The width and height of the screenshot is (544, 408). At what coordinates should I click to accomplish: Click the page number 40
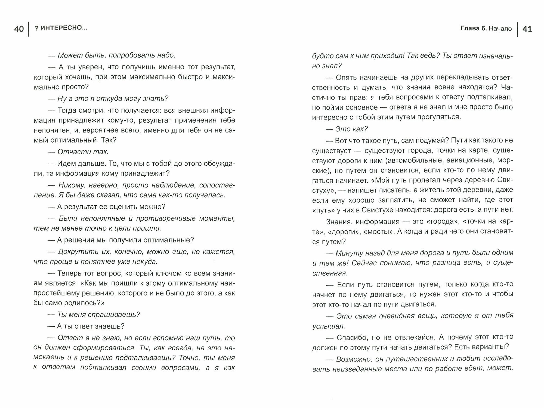click(x=19, y=29)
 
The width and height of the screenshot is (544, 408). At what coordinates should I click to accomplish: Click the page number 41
click(x=527, y=29)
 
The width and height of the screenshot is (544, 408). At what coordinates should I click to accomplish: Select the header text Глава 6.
click(x=473, y=29)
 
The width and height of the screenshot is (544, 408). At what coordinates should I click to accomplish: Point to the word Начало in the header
click(x=500, y=29)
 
